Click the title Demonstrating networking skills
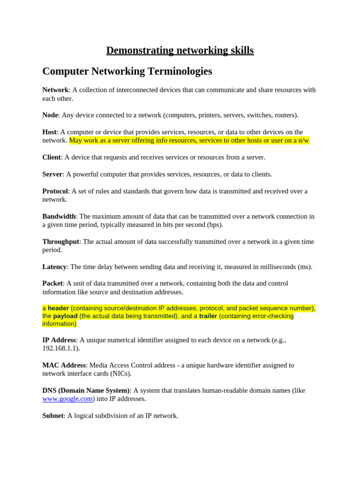[180, 50]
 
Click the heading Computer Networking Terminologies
[127, 71]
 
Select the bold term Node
[50, 115]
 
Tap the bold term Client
[52, 157]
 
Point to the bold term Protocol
[55, 191]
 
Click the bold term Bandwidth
[59, 217]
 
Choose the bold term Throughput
[60, 242]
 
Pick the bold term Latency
[54, 267]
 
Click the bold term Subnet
[52, 416]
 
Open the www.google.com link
[67, 399]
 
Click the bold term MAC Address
[64, 365]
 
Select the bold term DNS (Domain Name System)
[85, 390]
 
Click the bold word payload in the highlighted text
[65, 316]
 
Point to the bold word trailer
[208, 316]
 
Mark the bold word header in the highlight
[58, 308]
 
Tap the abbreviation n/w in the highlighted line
[303, 141]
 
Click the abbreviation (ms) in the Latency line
[304, 267]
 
